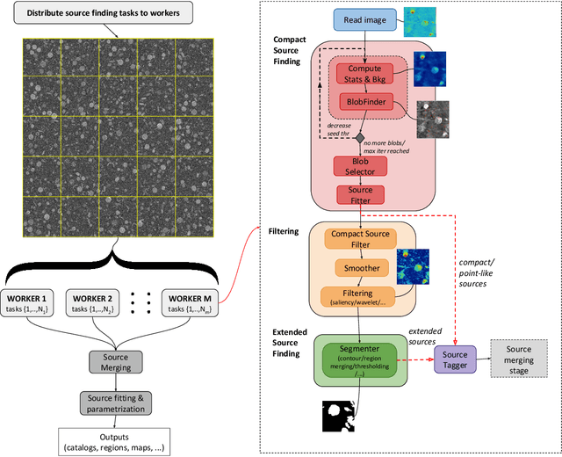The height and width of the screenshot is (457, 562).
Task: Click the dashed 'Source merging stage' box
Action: click(520, 358)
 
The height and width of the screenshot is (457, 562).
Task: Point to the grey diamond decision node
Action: click(359, 137)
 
